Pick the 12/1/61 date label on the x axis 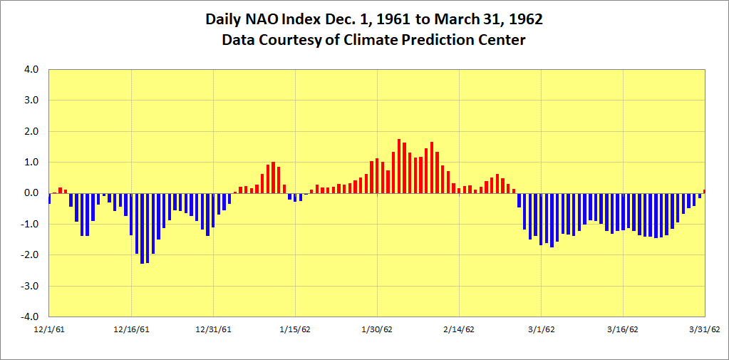point(50,329)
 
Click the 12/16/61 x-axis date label point(131,329)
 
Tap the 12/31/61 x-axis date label point(213,329)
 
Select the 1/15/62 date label point(295,329)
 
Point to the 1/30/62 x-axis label point(377,329)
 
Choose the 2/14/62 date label point(459,329)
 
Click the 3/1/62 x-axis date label point(541,329)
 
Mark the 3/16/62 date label point(623,329)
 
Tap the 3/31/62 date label point(704,329)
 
